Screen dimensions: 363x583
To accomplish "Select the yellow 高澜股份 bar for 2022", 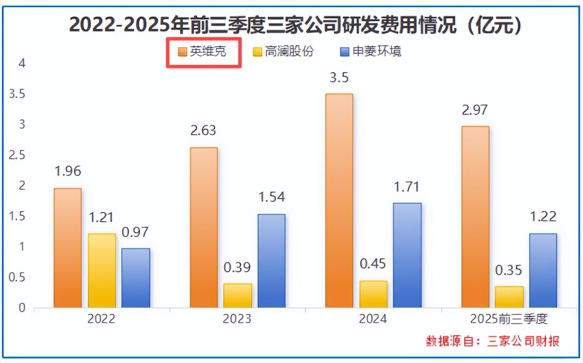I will [102, 270].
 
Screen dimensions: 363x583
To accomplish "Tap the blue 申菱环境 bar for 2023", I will [271, 261].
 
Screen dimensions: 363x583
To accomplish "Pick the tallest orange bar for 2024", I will [339, 200].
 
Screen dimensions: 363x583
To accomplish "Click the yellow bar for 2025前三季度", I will [509, 297].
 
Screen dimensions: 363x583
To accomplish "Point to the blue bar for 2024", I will [407, 255].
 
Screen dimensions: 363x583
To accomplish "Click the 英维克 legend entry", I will [202, 52].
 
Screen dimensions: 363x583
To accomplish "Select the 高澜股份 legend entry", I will [283, 52].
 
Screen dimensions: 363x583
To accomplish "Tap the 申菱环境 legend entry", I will [370, 52].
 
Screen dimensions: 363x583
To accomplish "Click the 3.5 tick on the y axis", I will [17, 94].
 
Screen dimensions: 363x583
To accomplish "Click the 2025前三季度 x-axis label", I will [509, 319].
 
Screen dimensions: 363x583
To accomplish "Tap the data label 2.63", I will [203, 131].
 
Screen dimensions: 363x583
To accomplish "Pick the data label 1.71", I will [407, 186].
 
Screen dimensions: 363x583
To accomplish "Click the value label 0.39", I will [237, 267].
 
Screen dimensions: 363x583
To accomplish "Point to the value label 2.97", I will [475, 110].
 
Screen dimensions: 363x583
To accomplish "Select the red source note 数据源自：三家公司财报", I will [493, 341].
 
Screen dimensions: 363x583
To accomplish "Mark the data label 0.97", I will [136, 232].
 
